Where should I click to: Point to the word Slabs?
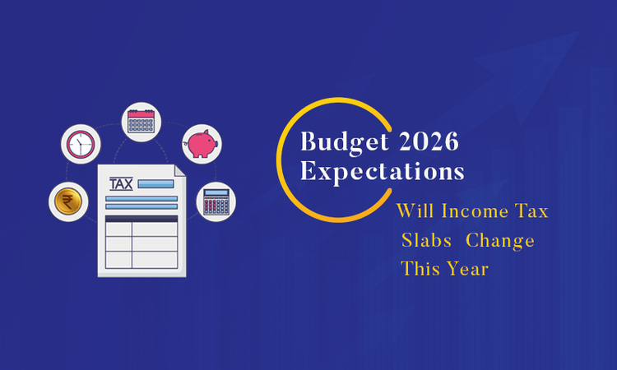click(425, 241)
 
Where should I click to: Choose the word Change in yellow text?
click(502, 241)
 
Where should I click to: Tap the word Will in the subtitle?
click(415, 211)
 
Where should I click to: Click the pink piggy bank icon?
click(201, 143)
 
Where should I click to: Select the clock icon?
click(81, 144)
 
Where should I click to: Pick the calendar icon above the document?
click(142, 121)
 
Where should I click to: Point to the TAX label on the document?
click(120, 183)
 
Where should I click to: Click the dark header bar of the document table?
click(141, 219)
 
